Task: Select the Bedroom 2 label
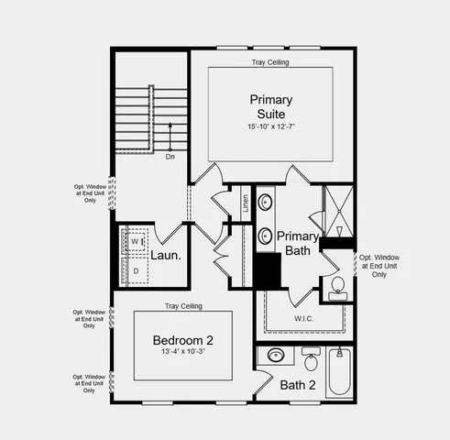click(183, 341)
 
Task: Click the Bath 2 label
click(298, 385)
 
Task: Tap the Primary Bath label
click(298, 243)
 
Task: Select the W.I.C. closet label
click(305, 319)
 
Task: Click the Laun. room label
click(165, 257)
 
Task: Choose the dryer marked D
click(137, 271)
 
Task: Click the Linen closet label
click(246, 203)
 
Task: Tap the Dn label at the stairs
click(170, 157)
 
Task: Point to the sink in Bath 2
click(275, 356)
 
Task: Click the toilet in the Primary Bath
click(336, 285)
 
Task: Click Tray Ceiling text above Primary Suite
click(271, 63)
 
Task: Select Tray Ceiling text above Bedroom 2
click(183, 306)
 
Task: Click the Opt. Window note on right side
click(379, 265)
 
